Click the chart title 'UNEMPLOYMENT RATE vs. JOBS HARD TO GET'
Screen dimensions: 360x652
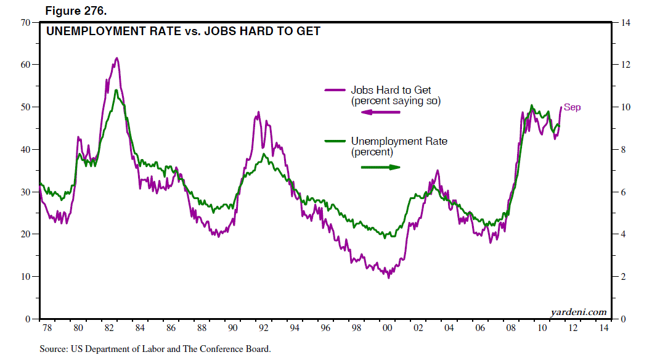click(x=184, y=31)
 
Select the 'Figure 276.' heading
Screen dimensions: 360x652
click(x=71, y=10)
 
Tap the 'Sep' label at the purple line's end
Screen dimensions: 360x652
click(x=573, y=108)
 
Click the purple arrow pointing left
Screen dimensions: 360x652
click(x=380, y=112)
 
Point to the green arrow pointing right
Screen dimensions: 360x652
click(x=380, y=166)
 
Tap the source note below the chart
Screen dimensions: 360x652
click(x=155, y=349)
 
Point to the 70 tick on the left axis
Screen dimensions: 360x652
click(x=26, y=23)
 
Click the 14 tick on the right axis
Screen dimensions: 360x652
click(x=625, y=23)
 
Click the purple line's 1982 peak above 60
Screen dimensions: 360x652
click(x=116, y=59)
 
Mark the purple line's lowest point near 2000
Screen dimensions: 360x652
click(x=389, y=278)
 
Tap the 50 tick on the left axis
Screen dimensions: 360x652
click(x=26, y=107)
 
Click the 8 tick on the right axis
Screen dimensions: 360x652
click(x=622, y=150)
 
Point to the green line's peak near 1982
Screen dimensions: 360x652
click(x=116, y=91)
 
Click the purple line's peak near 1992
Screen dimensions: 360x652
click(x=259, y=112)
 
